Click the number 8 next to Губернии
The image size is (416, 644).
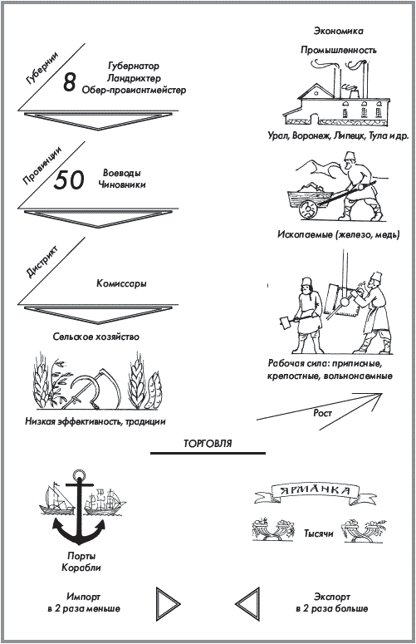(x=70, y=81)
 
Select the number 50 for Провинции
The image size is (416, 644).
(x=69, y=179)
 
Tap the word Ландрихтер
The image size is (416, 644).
(x=134, y=77)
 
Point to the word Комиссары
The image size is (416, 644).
(x=121, y=283)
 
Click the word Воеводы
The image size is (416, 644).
(x=122, y=173)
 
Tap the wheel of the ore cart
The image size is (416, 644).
(x=308, y=209)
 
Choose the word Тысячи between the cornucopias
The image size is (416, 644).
(x=318, y=533)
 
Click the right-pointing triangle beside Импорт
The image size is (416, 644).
(x=168, y=604)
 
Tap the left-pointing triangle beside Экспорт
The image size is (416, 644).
(x=248, y=604)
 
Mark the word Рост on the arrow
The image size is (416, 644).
(x=322, y=413)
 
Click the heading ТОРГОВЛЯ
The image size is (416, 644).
(x=208, y=444)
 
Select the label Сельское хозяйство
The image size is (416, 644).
(x=96, y=337)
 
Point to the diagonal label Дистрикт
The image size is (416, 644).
(x=42, y=262)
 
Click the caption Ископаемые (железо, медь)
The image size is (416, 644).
(x=339, y=235)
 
